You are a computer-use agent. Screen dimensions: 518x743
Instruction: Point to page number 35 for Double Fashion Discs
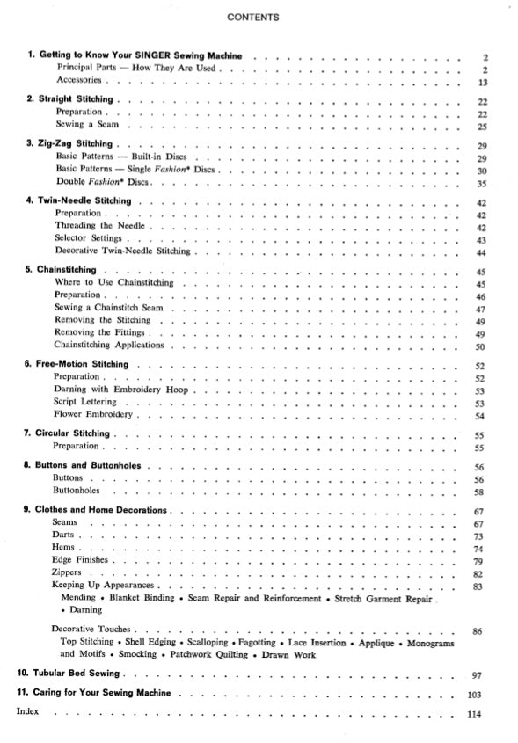click(481, 184)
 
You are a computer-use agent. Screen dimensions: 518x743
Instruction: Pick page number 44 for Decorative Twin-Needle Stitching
click(481, 253)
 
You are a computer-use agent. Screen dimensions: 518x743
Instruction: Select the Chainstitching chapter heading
click(67, 269)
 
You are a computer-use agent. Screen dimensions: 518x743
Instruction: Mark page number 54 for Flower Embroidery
click(480, 416)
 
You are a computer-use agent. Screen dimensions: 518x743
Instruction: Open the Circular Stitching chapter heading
click(72, 433)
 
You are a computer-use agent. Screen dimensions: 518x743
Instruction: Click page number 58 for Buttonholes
click(480, 492)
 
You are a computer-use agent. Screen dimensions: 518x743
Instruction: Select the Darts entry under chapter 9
click(63, 535)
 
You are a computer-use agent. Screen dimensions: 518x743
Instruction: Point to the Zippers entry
click(67, 572)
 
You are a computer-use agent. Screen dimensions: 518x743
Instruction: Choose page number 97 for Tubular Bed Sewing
click(480, 674)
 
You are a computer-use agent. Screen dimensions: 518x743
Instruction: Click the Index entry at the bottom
click(29, 711)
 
